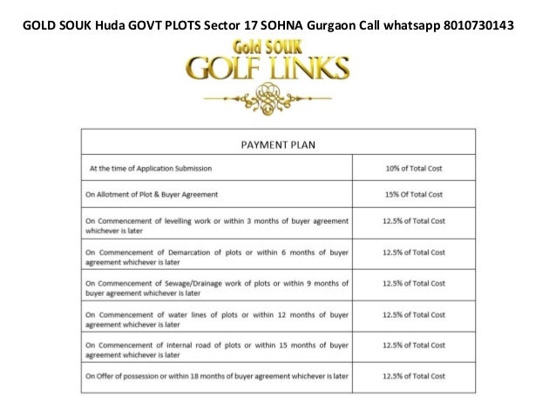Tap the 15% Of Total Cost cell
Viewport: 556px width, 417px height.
coord(414,193)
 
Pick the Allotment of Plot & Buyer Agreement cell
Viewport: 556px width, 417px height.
coord(152,193)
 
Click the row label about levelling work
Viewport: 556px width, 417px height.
coord(217,226)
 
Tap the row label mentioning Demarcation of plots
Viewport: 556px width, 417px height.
coord(217,257)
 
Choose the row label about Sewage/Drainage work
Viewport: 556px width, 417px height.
coord(217,288)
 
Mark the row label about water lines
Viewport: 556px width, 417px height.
coord(217,319)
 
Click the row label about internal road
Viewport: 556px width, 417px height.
coord(217,350)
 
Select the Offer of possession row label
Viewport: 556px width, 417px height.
coord(217,376)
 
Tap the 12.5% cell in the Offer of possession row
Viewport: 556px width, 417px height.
coord(414,376)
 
